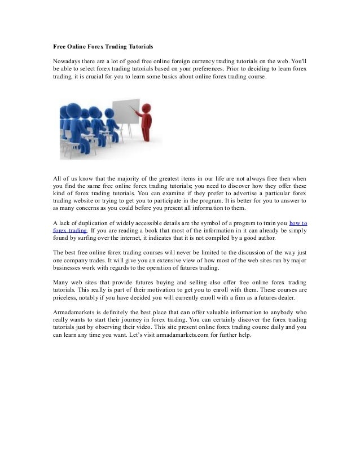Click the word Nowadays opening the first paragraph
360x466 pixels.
tap(63, 60)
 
